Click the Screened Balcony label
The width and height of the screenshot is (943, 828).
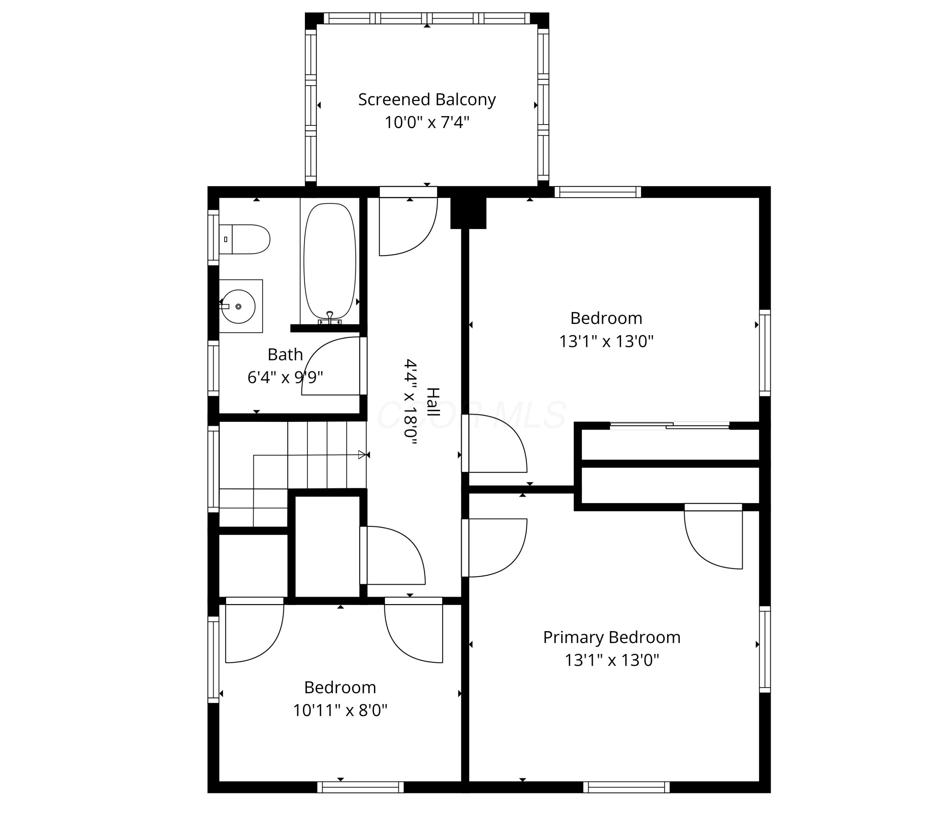[x=427, y=100]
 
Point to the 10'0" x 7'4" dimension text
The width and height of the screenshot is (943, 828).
[x=427, y=123]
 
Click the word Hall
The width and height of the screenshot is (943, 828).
[x=433, y=402]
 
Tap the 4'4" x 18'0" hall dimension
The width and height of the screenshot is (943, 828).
[x=411, y=402]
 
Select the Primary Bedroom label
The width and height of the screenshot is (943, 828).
[x=612, y=637]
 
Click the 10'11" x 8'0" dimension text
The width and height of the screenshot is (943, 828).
[x=340, y=710]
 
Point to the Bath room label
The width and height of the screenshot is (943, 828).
[x=285, y=354]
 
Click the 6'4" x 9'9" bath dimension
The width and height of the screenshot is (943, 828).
[x=285, y=378]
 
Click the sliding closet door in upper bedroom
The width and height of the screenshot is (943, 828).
[x=670, y=425]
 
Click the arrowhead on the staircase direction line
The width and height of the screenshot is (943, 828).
[x=362, y=455]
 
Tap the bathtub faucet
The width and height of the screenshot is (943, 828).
[x=329, y=318]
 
